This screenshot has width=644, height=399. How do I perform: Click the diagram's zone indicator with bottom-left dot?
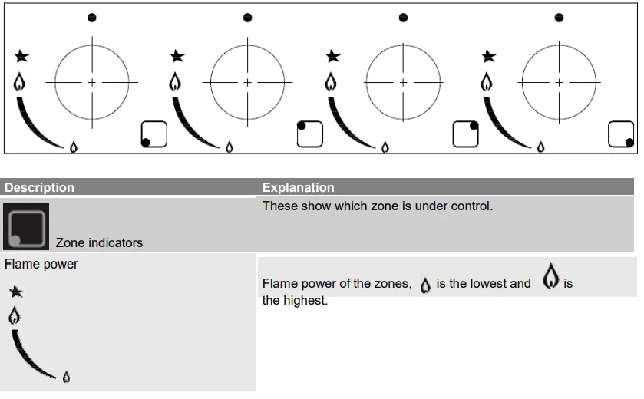(x=154, y=134)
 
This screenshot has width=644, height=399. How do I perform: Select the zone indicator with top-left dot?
(x=309, y=134)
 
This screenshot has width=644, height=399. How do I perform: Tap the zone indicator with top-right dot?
(x=465, y=134)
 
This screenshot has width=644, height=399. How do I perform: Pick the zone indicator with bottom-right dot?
(x=621, y=134)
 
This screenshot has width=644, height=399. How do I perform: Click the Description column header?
(x=39, y=187)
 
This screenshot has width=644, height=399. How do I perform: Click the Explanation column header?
(x=298, y=187)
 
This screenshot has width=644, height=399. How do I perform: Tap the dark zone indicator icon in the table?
(x=26, y=226)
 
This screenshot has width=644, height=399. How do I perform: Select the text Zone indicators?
(x=99, y=242)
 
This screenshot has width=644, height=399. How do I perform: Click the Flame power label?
(x=41, y=264)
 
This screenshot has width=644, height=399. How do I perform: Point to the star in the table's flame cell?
(x=16, y=292)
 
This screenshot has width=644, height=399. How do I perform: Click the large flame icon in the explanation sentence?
(x=550, y=276)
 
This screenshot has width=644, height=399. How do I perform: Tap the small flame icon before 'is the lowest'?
(x=425, y=285)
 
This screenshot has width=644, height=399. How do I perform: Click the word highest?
(x=304, y=301)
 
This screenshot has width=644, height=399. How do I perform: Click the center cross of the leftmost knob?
(x=92, y=83)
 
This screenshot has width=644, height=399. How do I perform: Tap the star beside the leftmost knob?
(x=21, y=56)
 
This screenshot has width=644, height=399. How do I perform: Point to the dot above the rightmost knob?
(x=559, y=18)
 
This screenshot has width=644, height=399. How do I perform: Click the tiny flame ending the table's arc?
(x=66, y=377)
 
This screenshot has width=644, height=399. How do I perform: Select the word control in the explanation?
(x=471, y=206)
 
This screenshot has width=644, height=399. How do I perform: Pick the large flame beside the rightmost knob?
(x=487, y=81)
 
